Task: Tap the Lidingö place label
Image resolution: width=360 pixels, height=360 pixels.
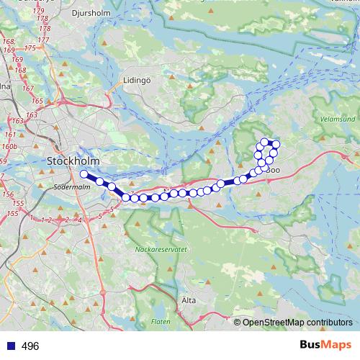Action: click(x=135, y=81)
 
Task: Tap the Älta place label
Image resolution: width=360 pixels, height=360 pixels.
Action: click(x=189, y=300)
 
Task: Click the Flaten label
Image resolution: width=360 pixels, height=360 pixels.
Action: click(x=161, y=321)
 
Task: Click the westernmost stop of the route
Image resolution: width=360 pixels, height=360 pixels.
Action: click(x=84, y=174)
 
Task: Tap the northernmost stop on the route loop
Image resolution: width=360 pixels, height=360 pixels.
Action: click(x=264, y=142)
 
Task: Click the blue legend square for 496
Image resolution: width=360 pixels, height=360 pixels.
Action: click(x=10, y=346)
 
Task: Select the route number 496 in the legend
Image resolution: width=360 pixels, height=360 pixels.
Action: click(x=30, y=346)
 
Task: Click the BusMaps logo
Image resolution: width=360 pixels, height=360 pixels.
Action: click(x=325, y=346)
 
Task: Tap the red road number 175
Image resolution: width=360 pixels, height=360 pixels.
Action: click(x=30, y=48)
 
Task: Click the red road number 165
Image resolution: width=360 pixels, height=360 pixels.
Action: click(x=37, y=102)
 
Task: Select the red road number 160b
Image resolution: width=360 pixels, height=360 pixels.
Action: click(x=9, y=146)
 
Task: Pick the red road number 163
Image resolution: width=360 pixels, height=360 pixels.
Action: click(x=31, y=114)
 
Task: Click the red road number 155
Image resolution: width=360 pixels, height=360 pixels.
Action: click(x=12, y=214)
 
